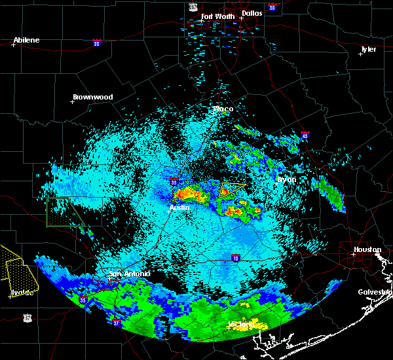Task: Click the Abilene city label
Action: click(x=26, y=40)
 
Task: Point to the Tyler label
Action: click(x=369, y=49)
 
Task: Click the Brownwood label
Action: click(x=92, y=97)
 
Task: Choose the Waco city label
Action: click(x=223, y=109)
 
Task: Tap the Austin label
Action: click(x=179, y=207)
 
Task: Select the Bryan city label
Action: click(x=286, y=179)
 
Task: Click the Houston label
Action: click(x=367, y=249)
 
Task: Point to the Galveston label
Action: click(x=375, y=292)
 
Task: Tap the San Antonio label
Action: click(x=129, y=274)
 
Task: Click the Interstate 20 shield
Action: click(x=96, y=43)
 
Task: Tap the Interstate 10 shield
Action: click(x=235, y=258)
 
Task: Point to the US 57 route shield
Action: click(x=27, y=317)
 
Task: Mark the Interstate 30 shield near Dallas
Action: click(x=272, y=7)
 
